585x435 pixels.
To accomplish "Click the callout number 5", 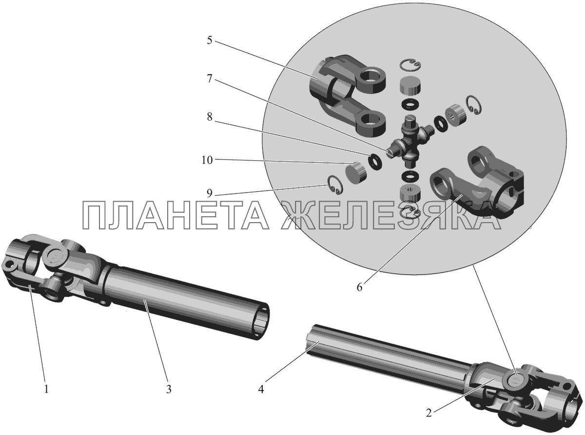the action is point(210,40).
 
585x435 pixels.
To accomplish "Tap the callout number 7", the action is point(210,79).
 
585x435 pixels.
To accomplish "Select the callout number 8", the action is point(210,117).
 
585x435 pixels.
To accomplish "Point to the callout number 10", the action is point(207,160).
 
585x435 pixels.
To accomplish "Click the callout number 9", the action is point(210,193).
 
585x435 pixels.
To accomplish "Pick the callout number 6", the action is point(360,287).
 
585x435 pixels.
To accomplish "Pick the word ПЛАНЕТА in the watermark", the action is point(176,215).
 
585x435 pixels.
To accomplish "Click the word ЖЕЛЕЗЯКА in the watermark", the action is point(390,215).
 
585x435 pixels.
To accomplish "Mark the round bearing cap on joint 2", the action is point(514,382).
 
